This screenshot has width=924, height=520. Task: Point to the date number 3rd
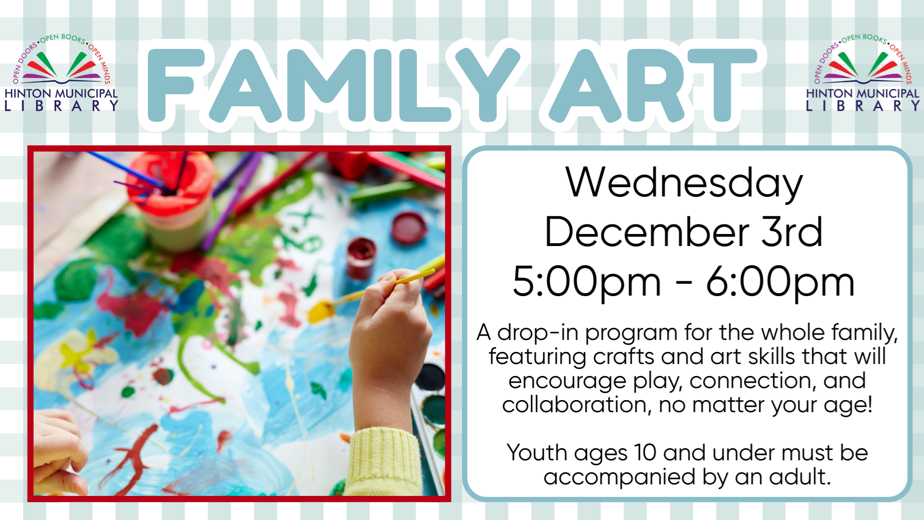tap(792, 232)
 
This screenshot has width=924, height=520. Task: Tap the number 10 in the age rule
tap(645, 453)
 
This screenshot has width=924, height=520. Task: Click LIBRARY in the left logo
tap(61, 106)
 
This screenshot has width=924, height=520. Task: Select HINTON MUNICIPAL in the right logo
tap(862, 93)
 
